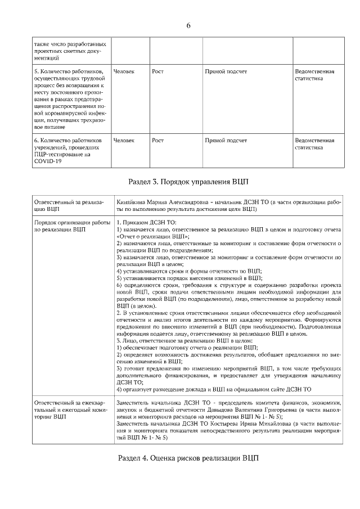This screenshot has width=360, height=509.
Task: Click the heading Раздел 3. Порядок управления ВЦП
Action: pos(188,182)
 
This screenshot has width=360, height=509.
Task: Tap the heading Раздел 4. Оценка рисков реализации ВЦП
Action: pos(188,457)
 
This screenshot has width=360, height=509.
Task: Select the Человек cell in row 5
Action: pos(124,71)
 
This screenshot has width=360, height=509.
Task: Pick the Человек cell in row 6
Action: pos(124,139)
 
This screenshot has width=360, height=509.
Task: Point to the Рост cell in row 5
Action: pos(157,71)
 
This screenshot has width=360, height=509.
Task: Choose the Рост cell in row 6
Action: pos(157,139)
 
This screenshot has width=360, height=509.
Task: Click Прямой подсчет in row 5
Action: pos(226,71)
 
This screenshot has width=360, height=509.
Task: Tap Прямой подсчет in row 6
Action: pos(226,139)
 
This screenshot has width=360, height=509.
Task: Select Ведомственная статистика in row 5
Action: pos(314,75)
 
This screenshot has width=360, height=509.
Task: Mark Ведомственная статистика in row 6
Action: pos(314,143)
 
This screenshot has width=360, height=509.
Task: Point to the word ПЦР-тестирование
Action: pos(60,154)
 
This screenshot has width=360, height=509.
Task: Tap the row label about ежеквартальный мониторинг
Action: pos(69,411)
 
